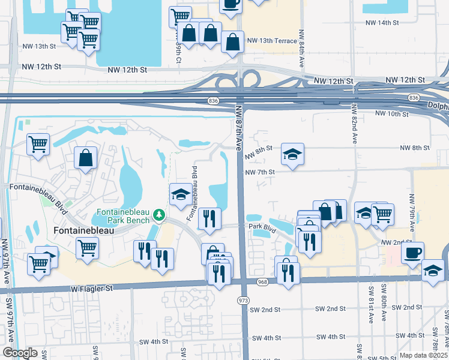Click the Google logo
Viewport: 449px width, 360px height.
coord(20,353)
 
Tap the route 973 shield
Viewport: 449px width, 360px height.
coord(243,299)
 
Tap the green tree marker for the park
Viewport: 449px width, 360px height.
coord(158,214)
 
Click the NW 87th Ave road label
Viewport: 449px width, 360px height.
coord(238,127)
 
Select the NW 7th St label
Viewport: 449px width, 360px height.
coord(259,172)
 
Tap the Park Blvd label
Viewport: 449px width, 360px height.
coord(262,227)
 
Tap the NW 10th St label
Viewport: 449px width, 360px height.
coord(391,113)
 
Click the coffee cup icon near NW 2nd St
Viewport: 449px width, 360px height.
coord(412,252)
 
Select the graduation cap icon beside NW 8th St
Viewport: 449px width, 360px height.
coord(293,154)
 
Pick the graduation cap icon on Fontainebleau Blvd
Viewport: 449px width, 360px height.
coord(180,194)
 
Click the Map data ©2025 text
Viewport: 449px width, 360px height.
coord(423,355)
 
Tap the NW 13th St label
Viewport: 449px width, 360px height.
coord(38,46)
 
